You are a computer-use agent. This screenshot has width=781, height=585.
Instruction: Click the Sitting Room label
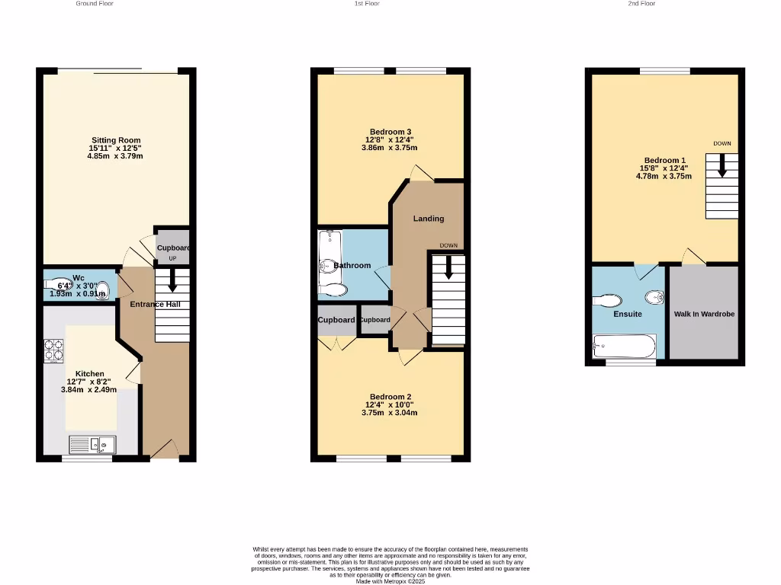(x=116, y=140)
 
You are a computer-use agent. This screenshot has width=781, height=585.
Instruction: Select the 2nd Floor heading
(x=641, y=4)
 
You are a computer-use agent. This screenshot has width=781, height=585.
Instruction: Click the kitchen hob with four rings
(x=53, y=350)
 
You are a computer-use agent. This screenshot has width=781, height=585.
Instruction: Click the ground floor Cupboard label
(x=173, y=248)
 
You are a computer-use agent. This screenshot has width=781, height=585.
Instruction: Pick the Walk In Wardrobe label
(x=704, y=314)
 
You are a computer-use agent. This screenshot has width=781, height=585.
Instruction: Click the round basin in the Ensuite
(x=653, y=296)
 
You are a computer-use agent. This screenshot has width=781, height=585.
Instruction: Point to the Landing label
(x=429, y=219)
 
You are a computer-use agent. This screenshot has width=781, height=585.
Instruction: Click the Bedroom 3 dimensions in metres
(x=389, y=148)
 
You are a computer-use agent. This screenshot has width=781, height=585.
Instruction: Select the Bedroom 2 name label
(x=390, y=397)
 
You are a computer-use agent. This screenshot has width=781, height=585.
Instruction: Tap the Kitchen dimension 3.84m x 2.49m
(x=89, y=389)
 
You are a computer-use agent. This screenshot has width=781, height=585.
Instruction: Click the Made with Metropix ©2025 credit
(x=390, y=581)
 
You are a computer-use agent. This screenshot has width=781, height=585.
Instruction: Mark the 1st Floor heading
(x=367, y=4)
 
